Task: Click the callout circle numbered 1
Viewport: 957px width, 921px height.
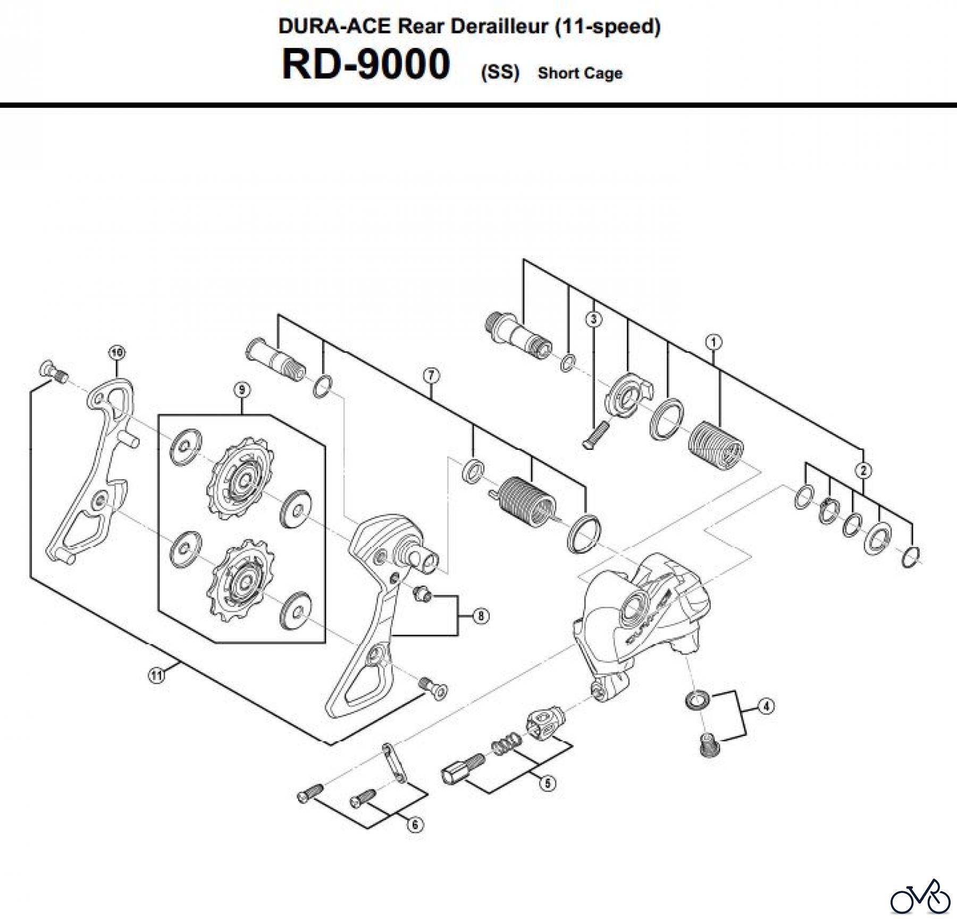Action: (x=714, y=341)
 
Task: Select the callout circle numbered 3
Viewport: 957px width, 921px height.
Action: (x=594, y=319)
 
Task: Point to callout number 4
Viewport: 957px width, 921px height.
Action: (x=765, y=707)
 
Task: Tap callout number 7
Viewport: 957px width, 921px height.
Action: (x=431, y=376)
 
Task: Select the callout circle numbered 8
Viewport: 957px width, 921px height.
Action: (x=481, y=616)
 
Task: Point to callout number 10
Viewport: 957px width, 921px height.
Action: (x=116, y=352)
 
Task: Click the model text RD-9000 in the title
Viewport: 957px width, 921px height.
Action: (x=366, y=65)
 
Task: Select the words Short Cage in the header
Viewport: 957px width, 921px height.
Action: (x=580, y=73)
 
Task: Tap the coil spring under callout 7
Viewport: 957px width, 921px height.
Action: (x=526, y=500)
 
